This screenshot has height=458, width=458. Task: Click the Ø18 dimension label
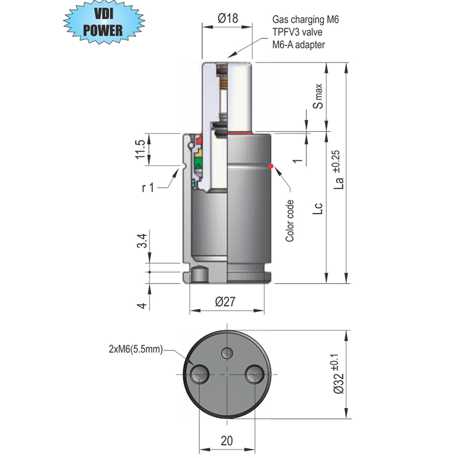[x=228, y=19]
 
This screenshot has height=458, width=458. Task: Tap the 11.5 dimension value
[x=139, y=150]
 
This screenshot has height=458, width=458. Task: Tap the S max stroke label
[x=318, y=97]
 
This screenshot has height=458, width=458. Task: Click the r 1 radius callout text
[x=148, y=187]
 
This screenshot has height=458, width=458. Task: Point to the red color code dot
[x=271, y=166]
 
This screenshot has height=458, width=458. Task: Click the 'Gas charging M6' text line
[x=306, y=20]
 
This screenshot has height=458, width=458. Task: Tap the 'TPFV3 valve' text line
[x=299, y=32]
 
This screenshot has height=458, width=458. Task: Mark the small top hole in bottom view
[x=227, y=352]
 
